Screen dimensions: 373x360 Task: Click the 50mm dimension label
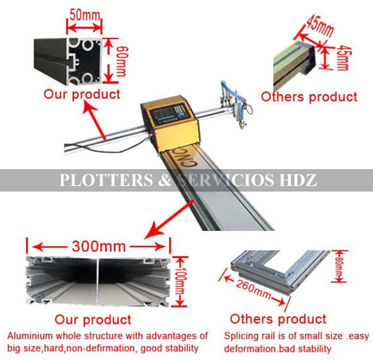[85, 15]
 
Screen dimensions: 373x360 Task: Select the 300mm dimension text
[99, 246]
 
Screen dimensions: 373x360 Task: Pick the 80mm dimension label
[339, 266]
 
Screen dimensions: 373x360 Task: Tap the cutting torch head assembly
[236, 104]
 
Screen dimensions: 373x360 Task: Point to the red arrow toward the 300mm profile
[169, 219]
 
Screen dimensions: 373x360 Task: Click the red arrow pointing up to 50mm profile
[94, 120]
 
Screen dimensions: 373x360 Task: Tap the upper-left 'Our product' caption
[82, 94]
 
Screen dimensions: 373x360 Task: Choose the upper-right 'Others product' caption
[309, 97]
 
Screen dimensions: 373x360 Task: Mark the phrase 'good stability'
[170, 348]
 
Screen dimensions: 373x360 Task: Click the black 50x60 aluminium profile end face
[84, 62]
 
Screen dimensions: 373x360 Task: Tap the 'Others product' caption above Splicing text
[278, 319]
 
